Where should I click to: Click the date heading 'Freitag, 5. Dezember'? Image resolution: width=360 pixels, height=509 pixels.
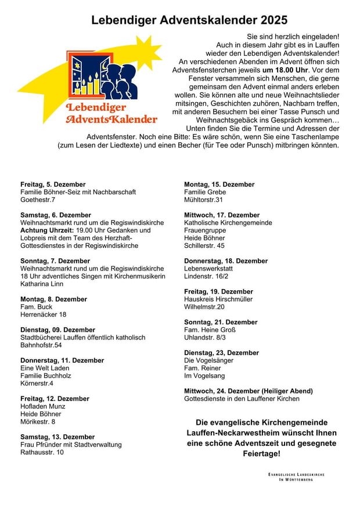click(x=53, y=185)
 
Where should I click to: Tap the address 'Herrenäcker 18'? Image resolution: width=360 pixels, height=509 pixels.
click(x=44, y=315)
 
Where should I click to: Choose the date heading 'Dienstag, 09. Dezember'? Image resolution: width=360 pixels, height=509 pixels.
click(x=57, y=330)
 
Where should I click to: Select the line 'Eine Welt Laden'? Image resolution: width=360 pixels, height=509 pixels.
click(x=45, y=368)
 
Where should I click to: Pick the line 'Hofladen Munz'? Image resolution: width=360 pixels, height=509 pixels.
click(x=42, y=406)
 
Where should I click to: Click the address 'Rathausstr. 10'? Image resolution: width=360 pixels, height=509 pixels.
click(x=42, y=452)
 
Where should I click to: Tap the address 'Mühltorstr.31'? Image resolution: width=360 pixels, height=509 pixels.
click(x=203, y=200)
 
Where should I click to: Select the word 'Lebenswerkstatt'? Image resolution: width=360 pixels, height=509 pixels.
click(x=208, y=269)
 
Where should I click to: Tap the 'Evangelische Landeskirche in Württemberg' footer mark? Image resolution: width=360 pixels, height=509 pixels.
click(x=296, y=477)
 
